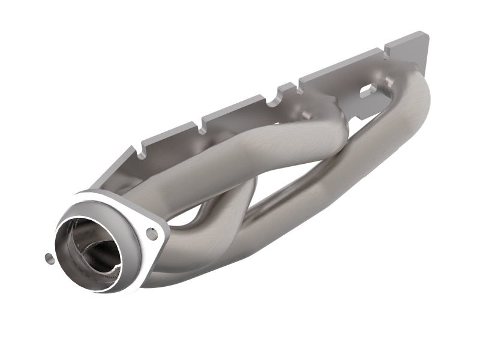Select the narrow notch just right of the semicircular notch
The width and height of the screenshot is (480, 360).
[x=297, y=82]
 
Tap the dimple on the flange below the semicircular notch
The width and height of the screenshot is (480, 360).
[x=306, y=115]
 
